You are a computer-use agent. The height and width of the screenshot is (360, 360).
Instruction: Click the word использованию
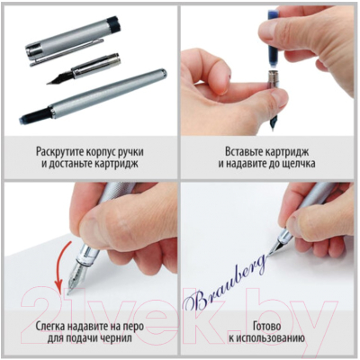[x=273, y=344]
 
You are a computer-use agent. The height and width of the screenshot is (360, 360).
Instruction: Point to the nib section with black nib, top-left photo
[x=84, y=69]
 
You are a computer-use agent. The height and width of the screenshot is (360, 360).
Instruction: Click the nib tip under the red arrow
[x=67, y=291]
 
